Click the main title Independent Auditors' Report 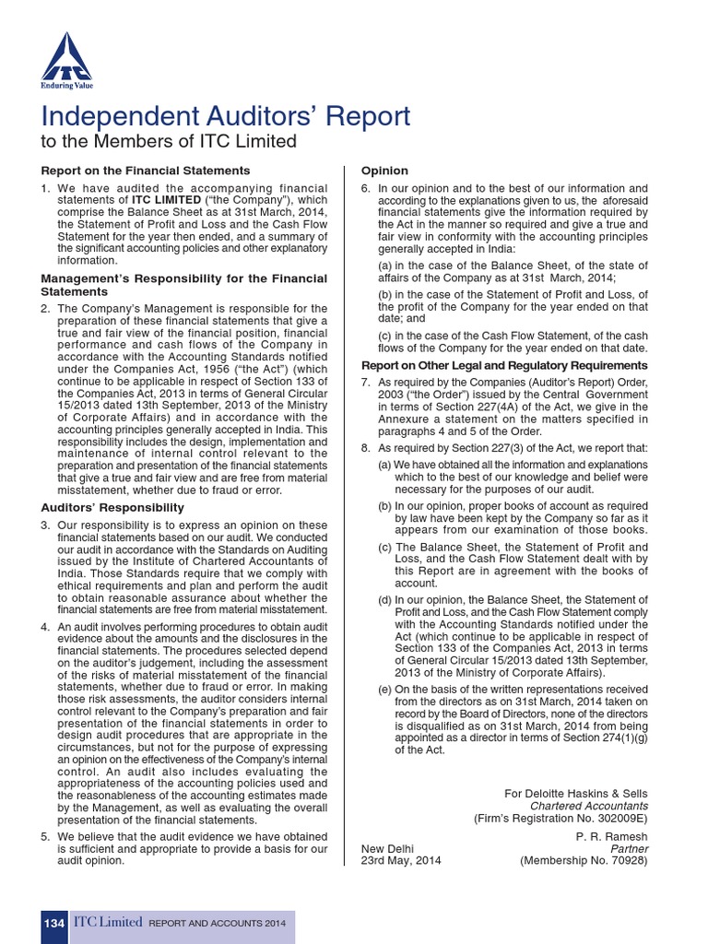[x=226, y=117]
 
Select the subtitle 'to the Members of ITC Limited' [x=170, y=141]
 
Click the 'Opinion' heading [x=384, y=171]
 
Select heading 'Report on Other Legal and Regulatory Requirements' [x=504, y=365]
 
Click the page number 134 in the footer [x=53, y=923]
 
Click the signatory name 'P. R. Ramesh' [x=612, y=837]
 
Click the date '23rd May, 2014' [x=401, y=861]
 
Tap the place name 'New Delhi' [x=387, y=849]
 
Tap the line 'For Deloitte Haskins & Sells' [x=576, y=793]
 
